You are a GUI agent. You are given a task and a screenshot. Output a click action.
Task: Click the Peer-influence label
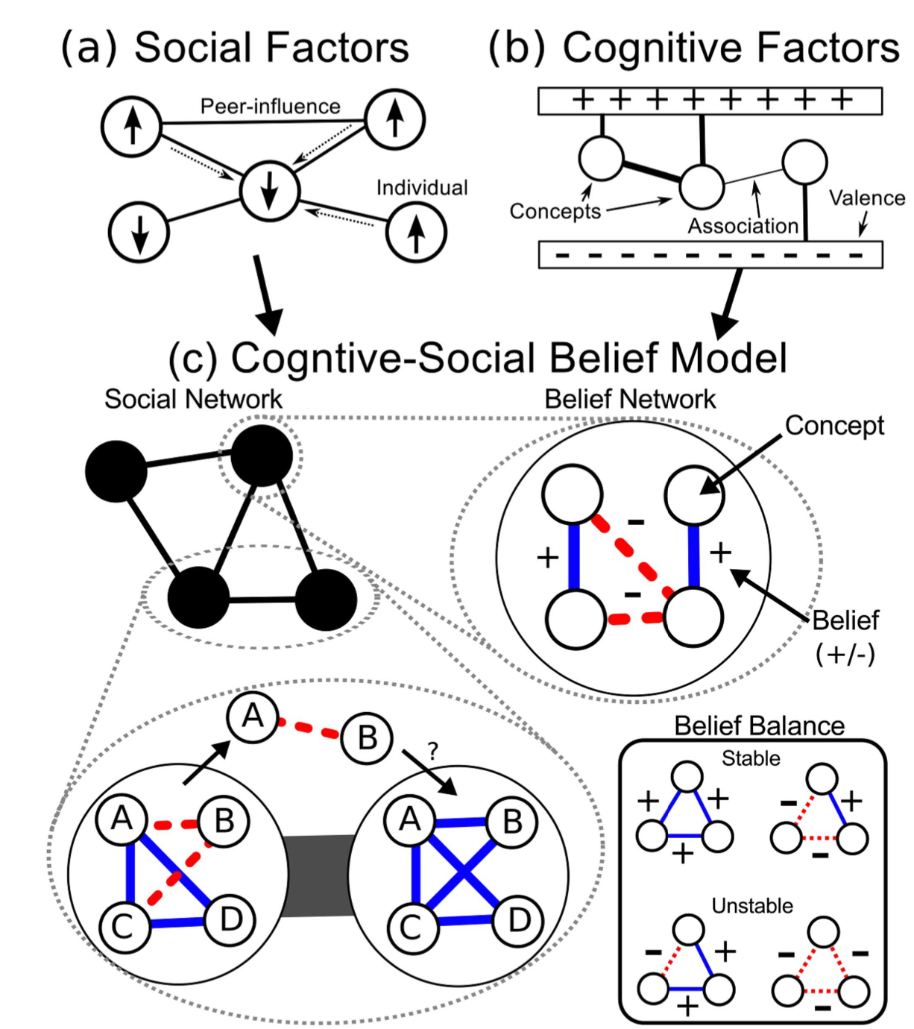(270, 107)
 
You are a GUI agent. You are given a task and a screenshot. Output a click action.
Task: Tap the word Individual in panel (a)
(422, 187)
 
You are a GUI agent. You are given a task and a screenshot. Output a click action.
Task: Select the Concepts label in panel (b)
(555, 212)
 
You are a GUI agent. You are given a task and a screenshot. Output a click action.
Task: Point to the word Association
(743, 226)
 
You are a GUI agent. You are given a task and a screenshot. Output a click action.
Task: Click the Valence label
(867, 198)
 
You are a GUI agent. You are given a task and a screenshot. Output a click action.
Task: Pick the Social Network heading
(193, 400)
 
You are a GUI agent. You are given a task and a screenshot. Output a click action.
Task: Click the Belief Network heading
(630, 400)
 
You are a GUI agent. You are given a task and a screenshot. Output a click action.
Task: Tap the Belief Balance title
(759, 726)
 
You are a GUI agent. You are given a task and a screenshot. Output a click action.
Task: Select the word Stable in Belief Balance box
(751, 758)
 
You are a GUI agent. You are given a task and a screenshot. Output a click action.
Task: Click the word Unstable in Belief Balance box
(752, 906)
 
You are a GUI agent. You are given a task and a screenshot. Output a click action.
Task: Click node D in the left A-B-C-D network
(231, 920)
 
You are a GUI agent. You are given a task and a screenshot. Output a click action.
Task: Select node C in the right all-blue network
(411, 927)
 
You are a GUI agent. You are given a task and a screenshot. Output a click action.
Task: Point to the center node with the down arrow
(270, 191)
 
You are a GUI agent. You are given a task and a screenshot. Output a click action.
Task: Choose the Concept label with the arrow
(833, 426)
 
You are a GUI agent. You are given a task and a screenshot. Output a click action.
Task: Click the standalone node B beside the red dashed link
(367, 738)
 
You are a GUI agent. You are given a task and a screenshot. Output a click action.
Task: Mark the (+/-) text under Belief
(845, 653)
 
